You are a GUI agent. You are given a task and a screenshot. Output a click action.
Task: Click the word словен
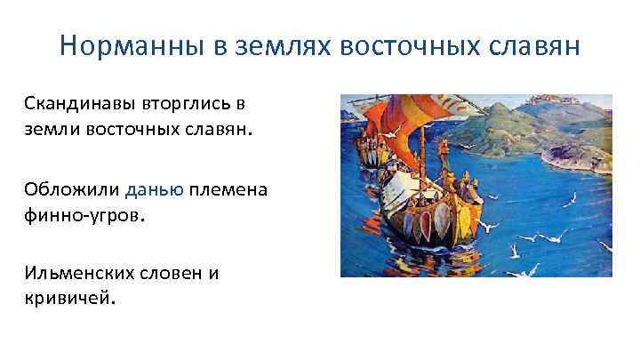pyautogui.click(x=172, y=273)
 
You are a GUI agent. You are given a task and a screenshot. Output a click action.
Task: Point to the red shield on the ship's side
pyautogui.click(x=410, y=218)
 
